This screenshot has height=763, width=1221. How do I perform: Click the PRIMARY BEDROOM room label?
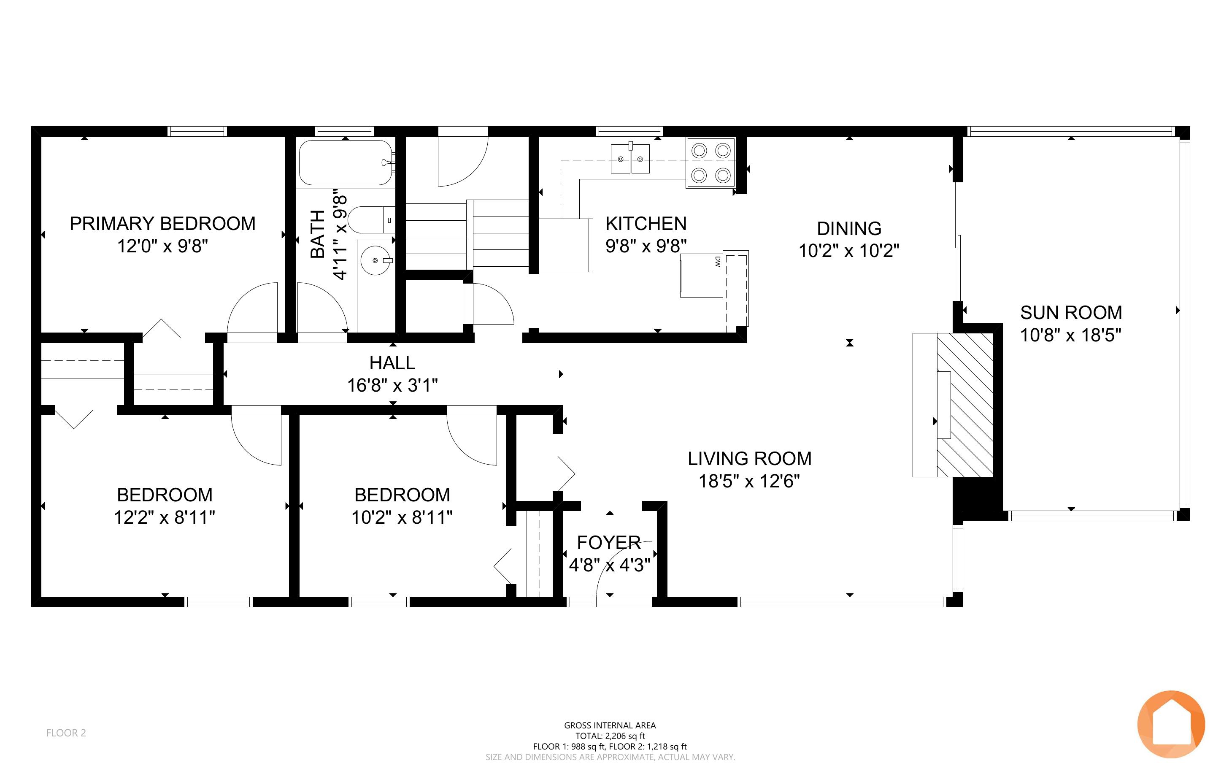(x=162, y=224)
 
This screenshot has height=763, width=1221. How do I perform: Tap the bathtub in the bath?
(x=346, y=163)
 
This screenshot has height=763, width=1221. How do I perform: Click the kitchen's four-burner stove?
(x=710, y=163)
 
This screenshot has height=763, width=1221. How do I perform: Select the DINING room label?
(x=849, y=229)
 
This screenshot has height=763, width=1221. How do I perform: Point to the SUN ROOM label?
(x=1071, y=313)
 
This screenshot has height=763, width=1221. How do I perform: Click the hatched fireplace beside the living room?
(x=965, y=405)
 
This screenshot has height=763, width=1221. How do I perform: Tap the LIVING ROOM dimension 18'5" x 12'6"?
(x=749, y=481)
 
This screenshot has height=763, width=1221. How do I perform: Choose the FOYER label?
(x=609, y=542)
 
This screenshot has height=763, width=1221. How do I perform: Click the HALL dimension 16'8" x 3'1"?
(x=392, y=386)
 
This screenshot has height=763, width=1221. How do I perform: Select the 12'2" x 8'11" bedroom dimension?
(x=165, y=517)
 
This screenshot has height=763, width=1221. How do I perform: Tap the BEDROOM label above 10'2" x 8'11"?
(x=402, y=495)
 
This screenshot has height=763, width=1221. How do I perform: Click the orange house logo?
(x=1171, y=725)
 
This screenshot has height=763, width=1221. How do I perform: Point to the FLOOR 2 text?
(x=66, y=733)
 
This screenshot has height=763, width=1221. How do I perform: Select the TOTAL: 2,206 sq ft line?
(x=610, y=736)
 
